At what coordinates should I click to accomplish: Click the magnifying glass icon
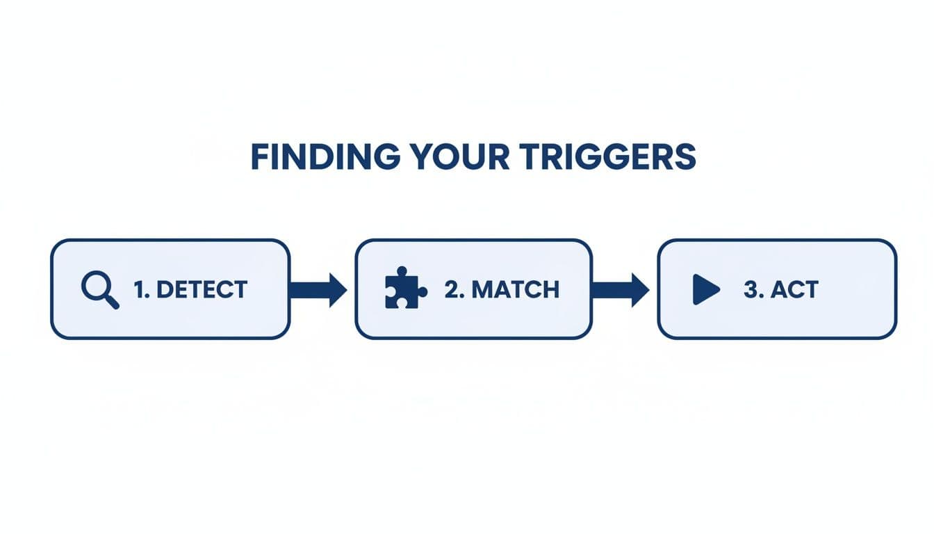pos(99,289)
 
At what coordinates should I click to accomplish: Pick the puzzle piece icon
pos(405,288)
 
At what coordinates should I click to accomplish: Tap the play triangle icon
pos(705,289)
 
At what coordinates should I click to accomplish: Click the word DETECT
pos(202,289)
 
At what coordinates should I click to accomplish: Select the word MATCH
pos(515,289)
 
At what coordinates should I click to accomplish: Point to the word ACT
pos(794,289)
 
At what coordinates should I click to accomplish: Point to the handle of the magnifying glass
pos(112,302)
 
